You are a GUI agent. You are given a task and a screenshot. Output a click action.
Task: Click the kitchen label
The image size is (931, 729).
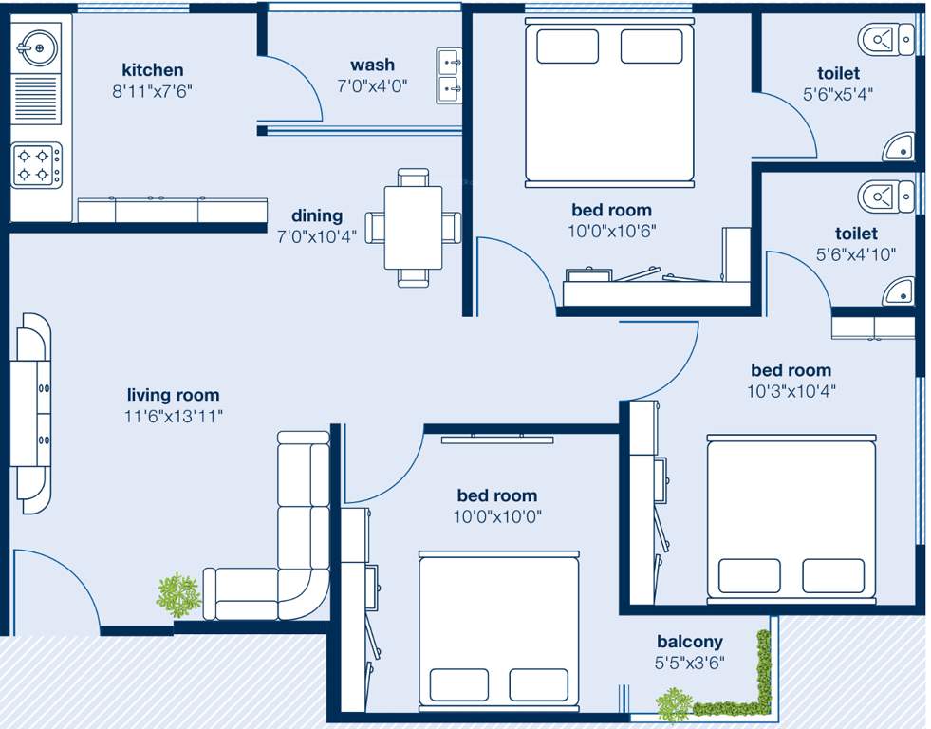click(x=152, y=69)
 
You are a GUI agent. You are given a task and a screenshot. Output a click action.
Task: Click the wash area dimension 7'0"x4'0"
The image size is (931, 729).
click(x=372, y=86)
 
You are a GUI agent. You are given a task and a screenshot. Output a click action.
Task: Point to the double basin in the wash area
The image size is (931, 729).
click(x=449, y=75)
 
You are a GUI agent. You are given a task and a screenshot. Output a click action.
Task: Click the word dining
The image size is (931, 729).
click(x=316, y=215)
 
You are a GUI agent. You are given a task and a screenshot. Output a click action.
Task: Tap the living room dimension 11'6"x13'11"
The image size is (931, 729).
click(x=173, y=416)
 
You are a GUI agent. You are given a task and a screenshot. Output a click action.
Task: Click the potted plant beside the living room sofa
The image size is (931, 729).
click(x=178, y=595)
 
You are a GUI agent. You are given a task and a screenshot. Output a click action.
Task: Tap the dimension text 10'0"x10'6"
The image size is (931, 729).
click(x=611, y=231)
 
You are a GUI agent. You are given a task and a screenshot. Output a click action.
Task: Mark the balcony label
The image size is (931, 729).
click(x=689, y=642)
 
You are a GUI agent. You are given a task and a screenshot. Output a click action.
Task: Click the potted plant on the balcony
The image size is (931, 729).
click(x=673, y=704)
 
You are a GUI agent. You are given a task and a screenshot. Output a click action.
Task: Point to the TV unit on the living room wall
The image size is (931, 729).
click(x=33, y=413)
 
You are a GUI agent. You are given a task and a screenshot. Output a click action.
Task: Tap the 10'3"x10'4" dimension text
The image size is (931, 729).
click(x=791, y=390)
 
